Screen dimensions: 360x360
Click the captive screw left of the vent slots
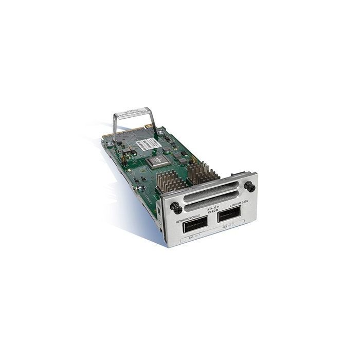tap(173, 207)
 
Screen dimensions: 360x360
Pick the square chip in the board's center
tap(157, 161)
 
